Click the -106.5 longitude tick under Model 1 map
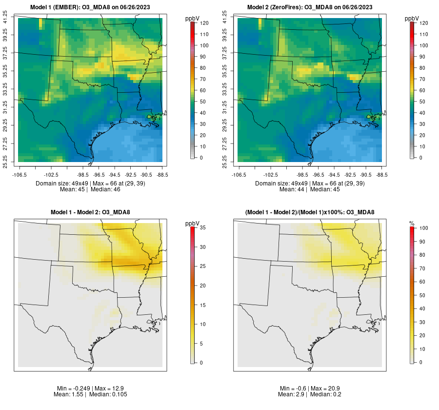click(x=19, y=174)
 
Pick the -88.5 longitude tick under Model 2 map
click(x=381, y=174)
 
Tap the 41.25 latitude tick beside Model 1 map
click(x=6, y=18)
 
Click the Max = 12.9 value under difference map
click(x=108, y=388)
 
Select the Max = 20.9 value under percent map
click(x=327, y=388)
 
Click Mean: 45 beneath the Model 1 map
click(x=72, y=189)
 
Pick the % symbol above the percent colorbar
click(x=412, y=224)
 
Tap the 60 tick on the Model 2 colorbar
click(x=424, y=90)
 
